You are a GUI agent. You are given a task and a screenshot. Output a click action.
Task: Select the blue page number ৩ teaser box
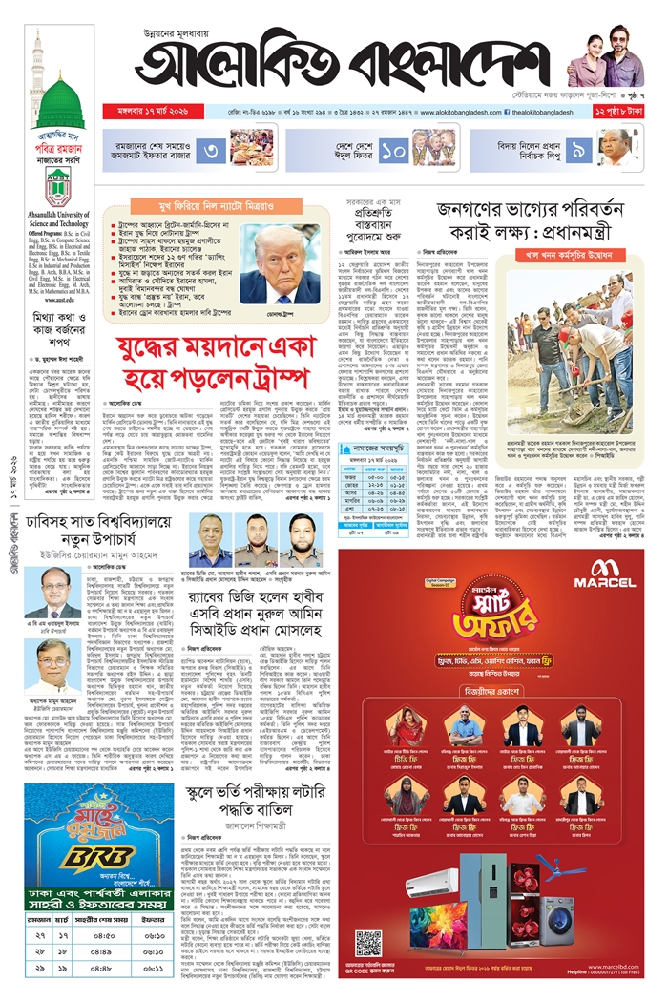(x=214, y=150)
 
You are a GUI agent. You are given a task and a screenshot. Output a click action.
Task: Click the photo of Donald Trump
(x=281, y=263)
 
